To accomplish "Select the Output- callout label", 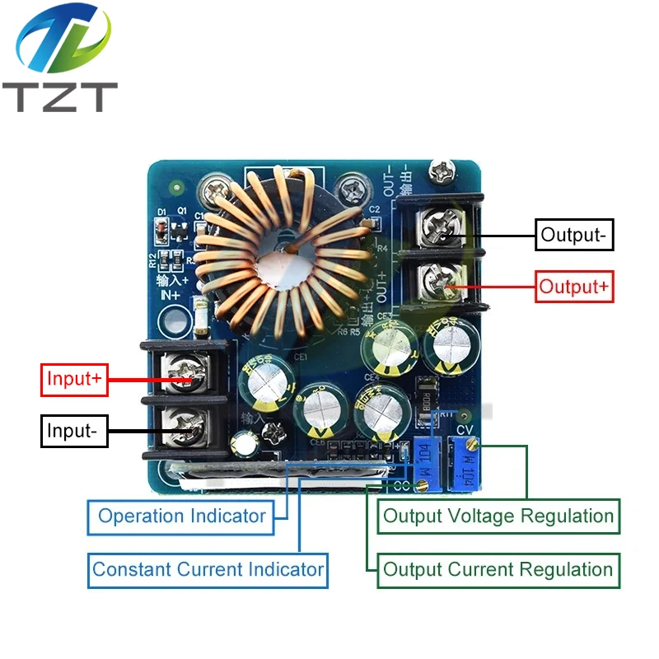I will pos(573,235).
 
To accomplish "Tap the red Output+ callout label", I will pos(575,287).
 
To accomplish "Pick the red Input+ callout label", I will pos(74,379).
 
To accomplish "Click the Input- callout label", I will pos(74,431).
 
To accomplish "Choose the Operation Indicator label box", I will pos(181,516).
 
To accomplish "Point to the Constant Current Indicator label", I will pos(208,569).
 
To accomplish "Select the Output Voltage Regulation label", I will pos(498,516).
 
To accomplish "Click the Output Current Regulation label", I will pos(498,569).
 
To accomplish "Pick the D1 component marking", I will pos(162,213).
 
